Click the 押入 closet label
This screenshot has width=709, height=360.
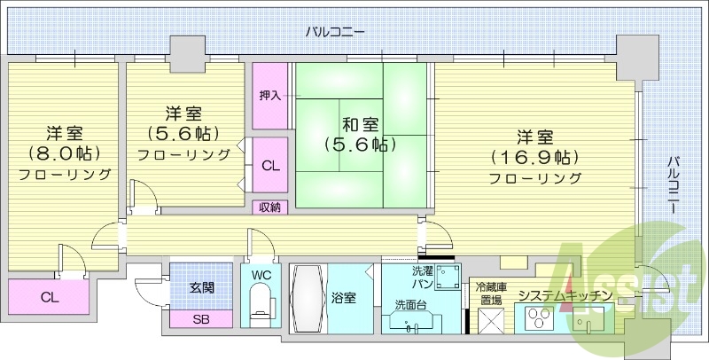[x=269, y=95]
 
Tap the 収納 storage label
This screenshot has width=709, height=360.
[x=269, y=207]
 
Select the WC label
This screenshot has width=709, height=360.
[x=261, y=275]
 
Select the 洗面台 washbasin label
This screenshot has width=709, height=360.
[x=410, y=305]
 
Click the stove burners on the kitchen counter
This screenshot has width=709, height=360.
[x=538, y=317]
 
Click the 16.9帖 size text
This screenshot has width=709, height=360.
[x=535, y=159]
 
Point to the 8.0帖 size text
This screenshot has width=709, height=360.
[x=66, y=153]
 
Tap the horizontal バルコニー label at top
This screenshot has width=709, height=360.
[x=335, y=33]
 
